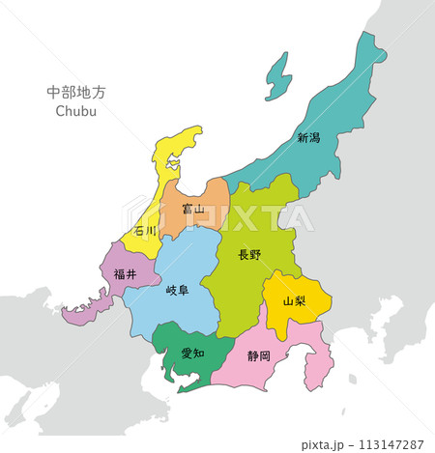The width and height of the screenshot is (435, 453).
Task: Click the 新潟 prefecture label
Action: [308, 138]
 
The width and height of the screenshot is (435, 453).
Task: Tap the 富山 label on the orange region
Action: [193, 209]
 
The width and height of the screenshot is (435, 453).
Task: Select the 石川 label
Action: [146, 232]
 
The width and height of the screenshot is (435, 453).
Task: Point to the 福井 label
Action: [124, 273]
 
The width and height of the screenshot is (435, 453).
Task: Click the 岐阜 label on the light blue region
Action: [177, 290]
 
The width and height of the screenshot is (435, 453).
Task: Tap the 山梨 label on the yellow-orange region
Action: [294, 300]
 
